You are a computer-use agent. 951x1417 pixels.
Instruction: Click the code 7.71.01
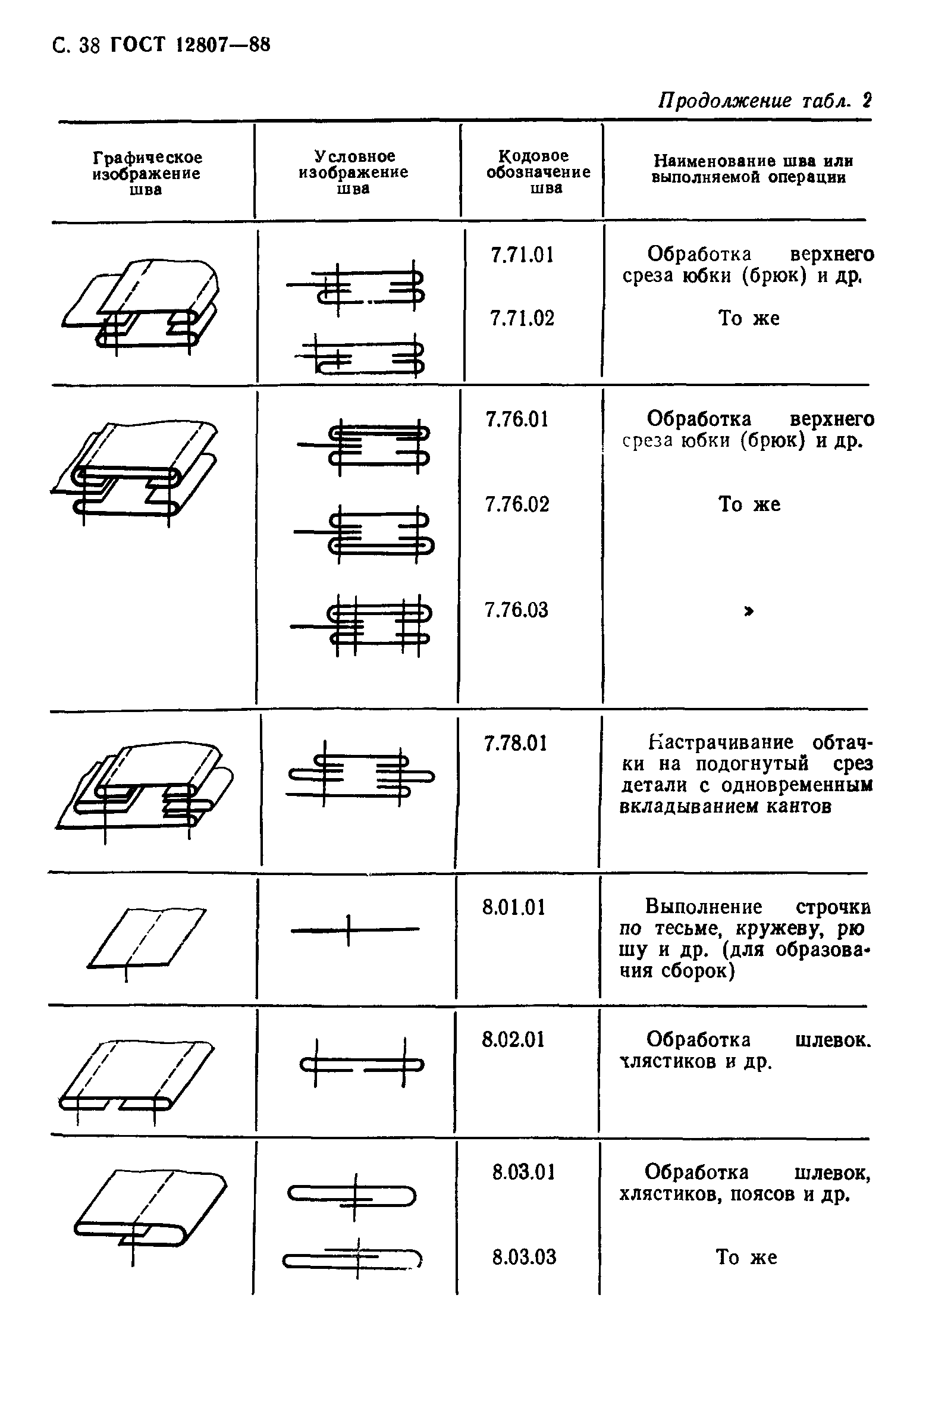(x=522, y=255)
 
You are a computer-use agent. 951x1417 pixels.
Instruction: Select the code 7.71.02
(x=522, y=318)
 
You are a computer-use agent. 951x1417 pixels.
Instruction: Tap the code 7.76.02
(x=517, y=504)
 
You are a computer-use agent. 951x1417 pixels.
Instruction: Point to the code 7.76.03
(x=516, y=610)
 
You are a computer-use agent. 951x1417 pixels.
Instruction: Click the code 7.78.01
(x=516, y=744)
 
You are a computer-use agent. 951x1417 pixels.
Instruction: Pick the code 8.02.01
(x=514, y=1040)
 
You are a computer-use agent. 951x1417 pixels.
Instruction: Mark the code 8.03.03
(x=524, y=1257)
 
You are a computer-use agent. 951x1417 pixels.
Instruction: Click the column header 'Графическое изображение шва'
(x=147, y=174)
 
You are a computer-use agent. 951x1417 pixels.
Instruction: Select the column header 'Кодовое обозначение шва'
(x=539, y=173)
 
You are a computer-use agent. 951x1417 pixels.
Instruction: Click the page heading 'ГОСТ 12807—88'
(x=190, y=45)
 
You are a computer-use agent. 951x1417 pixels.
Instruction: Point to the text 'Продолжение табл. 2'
(x=765, y=101)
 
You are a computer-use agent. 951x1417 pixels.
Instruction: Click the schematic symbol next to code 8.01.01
(x=354, y=930)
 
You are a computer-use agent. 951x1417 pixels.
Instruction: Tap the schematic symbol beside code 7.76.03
(x=361, y=625)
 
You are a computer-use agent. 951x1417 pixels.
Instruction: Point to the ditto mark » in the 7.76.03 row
(x=749, y=612)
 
